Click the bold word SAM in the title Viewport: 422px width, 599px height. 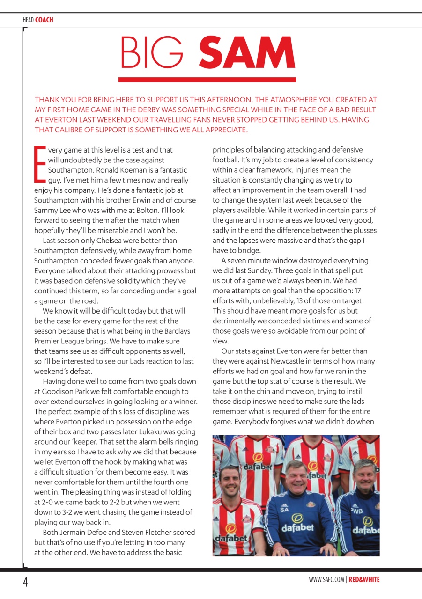pyautogui.click(x=248, y=52)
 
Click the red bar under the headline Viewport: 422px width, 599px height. pyautogui.click(x=207, y=80)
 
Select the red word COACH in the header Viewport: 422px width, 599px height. pyautogui.click(x=44, y=20)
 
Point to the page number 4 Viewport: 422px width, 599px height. pyautogui.click(x=26, y=582)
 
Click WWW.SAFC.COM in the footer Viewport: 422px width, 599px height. pyautogui.click(x=326, y=580)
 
